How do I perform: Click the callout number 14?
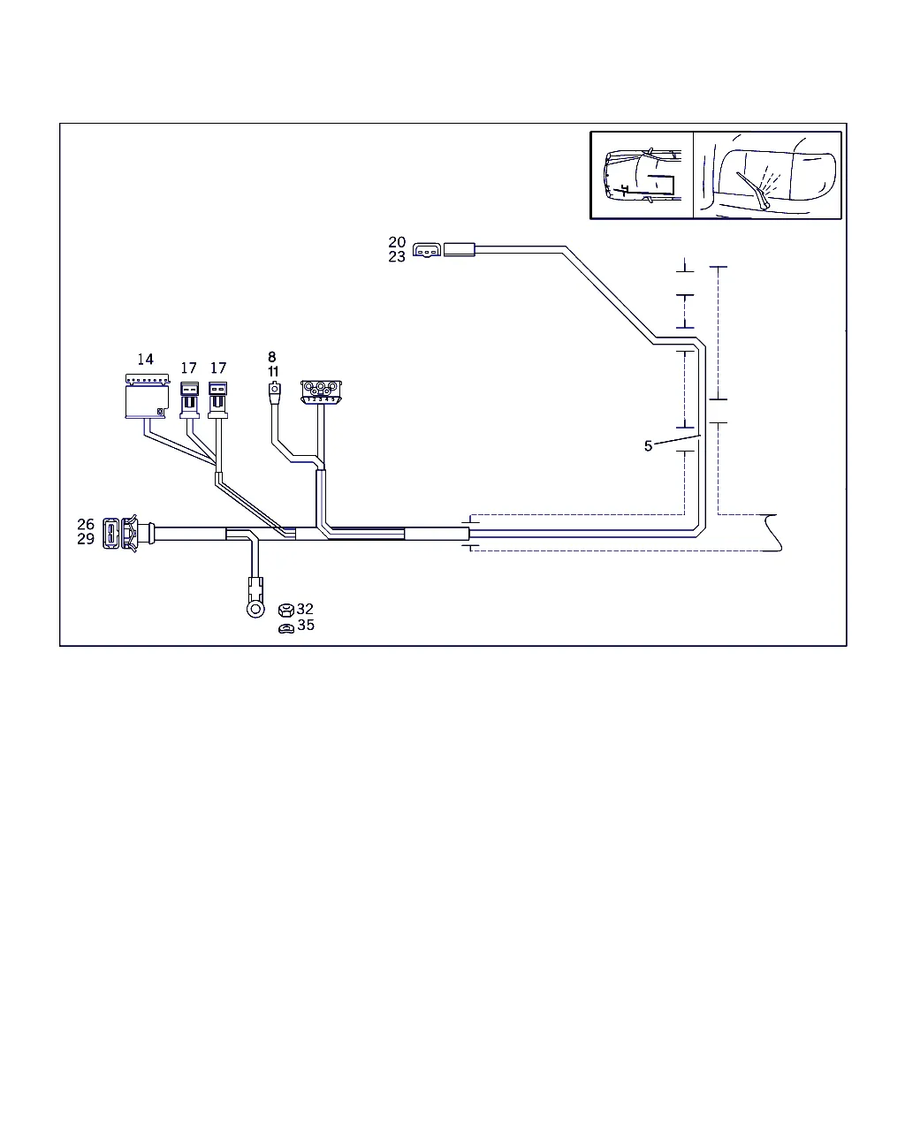point(145,360)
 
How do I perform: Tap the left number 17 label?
point(189,368)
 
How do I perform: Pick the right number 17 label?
point(218,368)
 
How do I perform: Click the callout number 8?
point(272,357)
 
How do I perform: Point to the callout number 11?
point(273,372)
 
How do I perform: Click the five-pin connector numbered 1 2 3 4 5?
point(321,392)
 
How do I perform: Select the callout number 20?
point(397,242)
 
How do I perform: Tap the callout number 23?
point(397,257)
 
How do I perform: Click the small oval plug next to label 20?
point(427,250)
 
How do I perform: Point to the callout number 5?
point(648,446)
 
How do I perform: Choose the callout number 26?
point(86,524)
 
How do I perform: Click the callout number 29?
point(86,539)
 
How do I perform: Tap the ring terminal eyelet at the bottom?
point(255,610)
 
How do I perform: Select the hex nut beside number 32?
point(286,611)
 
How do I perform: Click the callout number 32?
point(305,609)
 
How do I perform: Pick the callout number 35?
point(306,625)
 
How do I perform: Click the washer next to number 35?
point(286,628)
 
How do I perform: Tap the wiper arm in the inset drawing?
point(753,190)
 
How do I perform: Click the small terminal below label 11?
point(275,392)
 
